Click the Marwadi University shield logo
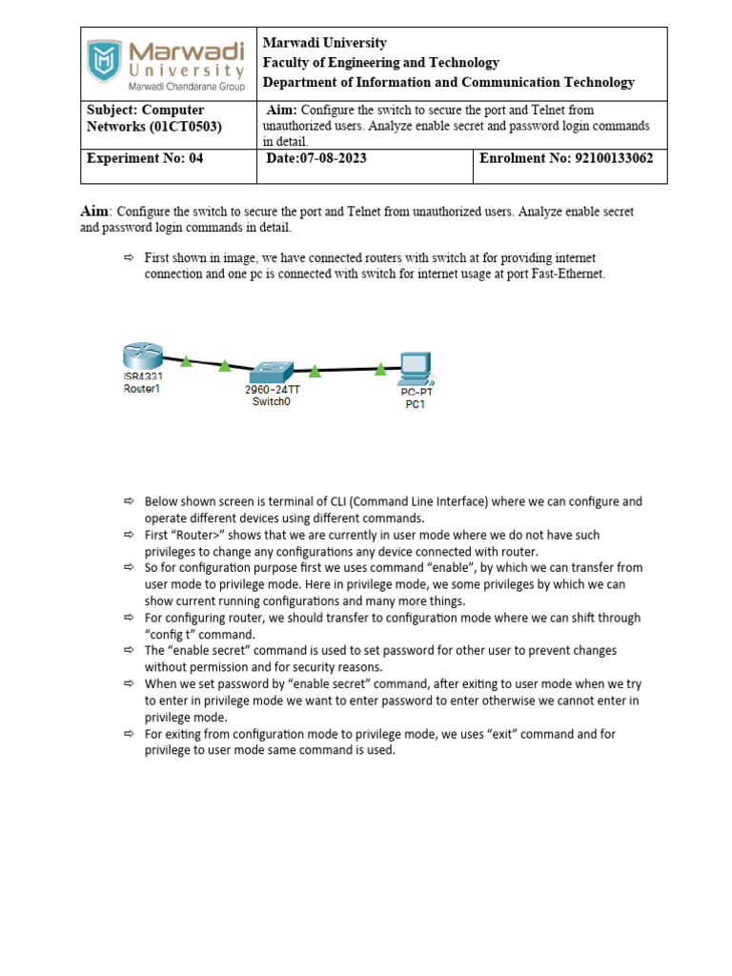(x=105, y=60)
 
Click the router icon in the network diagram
(x=142, y=357)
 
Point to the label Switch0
(x=272, y=402)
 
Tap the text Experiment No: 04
(x=145, y=158)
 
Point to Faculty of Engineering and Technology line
(x=380, y=63)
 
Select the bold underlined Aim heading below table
(x=94, y=211)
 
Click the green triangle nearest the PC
(x=381, y=368)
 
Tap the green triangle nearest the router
(x=187, y=361)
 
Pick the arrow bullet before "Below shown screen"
(x=129, y=501)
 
